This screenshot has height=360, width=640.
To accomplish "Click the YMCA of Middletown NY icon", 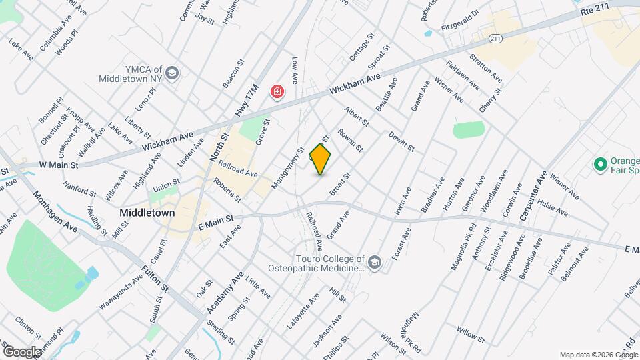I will [173, 73].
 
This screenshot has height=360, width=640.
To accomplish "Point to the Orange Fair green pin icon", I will [599, 163].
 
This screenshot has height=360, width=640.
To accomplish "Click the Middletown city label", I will [147, 213].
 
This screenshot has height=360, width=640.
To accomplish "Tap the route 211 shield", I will [494, 39].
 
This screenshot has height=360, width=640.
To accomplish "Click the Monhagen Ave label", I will [55, 210].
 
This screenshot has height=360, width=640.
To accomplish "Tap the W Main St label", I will [59, 164].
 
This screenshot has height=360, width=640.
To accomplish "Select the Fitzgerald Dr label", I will [460, 29].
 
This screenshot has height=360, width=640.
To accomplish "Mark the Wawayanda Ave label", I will [123, 291].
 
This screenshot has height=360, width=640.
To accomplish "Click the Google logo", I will [21, 351].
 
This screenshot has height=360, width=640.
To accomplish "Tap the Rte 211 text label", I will [595, 11].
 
